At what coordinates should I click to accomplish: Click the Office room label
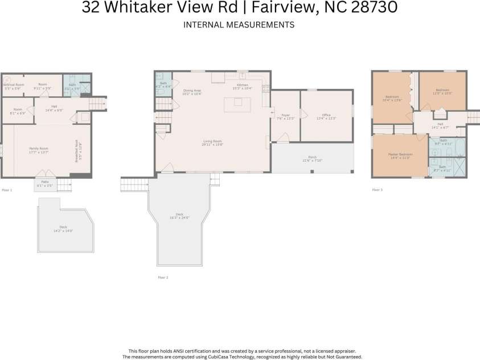coord(326,116)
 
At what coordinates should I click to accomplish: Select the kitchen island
coord(237,104)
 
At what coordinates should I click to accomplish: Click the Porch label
coord(312,158)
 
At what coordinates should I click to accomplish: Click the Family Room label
coord(39,149)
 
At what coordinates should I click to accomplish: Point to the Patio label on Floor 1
coord(44,181)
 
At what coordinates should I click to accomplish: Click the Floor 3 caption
coord(378,190)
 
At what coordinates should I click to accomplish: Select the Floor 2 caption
coord(163,277)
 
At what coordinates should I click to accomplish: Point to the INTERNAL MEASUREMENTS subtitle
coord(239,24)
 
